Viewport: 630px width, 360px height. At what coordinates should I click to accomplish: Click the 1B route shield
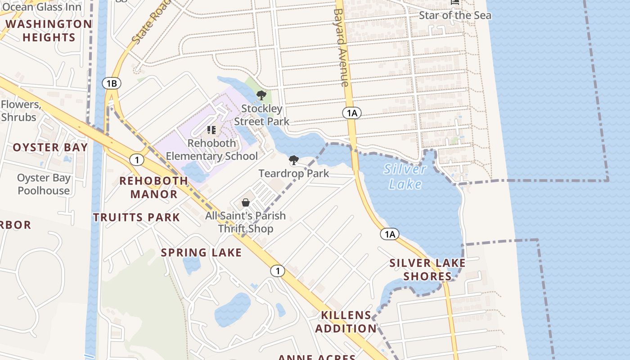pos(112,83)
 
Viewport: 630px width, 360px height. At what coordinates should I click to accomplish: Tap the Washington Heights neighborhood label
pos(49,31)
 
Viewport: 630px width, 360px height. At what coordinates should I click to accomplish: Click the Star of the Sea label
pos(455,15)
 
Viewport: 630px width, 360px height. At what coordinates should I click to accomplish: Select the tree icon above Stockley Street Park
pos(261,95)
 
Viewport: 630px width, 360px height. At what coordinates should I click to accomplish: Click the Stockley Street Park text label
pos(261,115)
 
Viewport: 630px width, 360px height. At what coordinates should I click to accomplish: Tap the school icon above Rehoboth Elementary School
pos(211,130)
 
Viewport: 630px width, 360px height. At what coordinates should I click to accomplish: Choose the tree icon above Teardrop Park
pos(294,160)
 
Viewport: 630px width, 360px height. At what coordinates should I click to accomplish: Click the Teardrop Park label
pos(294,173)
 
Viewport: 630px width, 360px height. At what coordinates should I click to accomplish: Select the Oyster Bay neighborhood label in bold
pos(50,148)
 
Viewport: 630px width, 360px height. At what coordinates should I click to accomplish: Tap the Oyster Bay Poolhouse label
pos(44,184)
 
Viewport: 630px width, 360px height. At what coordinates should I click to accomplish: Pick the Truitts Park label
pos(136,217)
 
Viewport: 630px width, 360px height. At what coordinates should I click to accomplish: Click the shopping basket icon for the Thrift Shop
pos(246,202)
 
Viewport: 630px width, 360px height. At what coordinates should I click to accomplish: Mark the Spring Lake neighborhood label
pos(201,252)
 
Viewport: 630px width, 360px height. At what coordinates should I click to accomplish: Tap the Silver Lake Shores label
pos(427,270)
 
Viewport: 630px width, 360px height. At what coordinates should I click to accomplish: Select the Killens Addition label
pos(346,322)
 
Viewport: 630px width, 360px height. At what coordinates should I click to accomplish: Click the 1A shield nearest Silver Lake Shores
pos(390,234)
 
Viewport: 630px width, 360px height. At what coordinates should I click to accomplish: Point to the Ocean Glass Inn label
pos(41,7)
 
